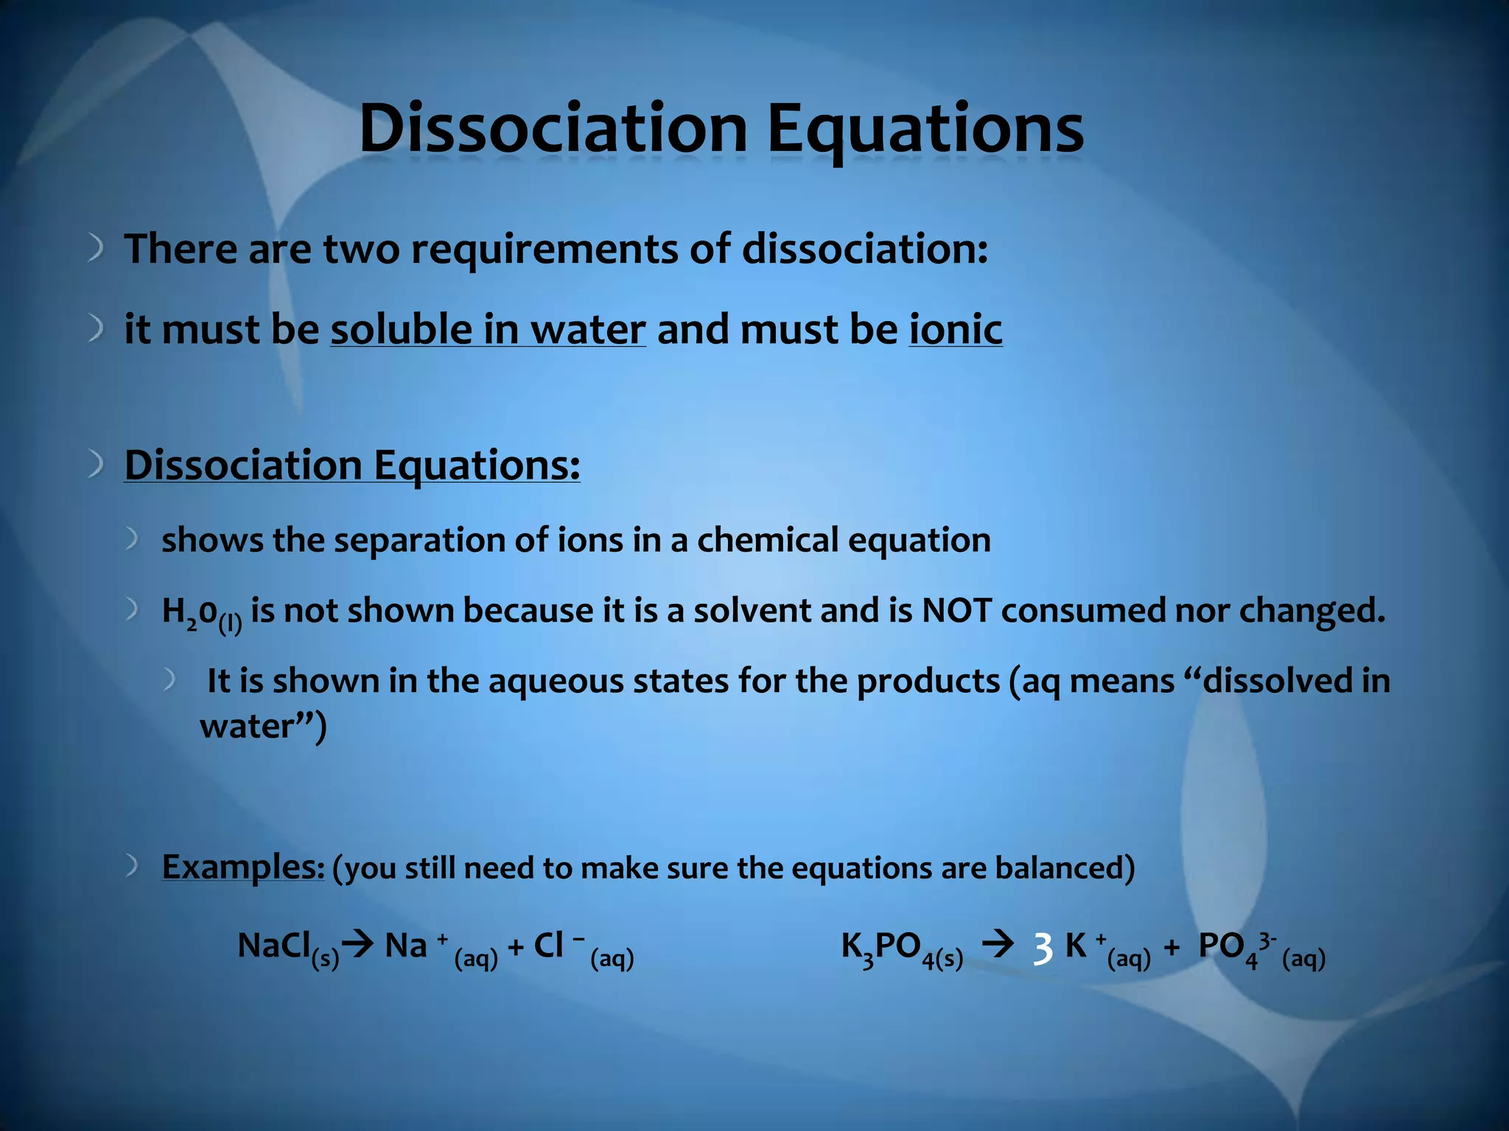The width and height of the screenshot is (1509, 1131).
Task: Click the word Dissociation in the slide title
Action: tap(553, 129)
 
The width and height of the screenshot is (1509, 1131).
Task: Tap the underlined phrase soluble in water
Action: tap(488, 329)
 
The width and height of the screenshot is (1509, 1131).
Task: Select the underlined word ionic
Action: tap(955, 329)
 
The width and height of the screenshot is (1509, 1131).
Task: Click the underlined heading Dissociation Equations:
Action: tap(352, 465)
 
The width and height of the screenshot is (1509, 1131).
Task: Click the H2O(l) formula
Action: tap(201, 614)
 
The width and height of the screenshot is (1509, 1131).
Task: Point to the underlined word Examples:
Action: tap(243, 867)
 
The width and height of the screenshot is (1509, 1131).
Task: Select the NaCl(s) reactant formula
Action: tap(287, 948)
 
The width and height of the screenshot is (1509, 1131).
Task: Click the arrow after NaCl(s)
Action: tap(359, 944)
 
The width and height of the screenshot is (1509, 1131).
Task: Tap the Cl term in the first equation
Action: tap(550, 945)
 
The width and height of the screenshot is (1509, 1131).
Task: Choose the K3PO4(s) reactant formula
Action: tap(901, 948)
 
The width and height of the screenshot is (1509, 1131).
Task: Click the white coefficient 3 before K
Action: tap(1042, 948)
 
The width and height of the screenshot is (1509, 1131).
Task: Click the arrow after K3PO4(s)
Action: tap(998, 943)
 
